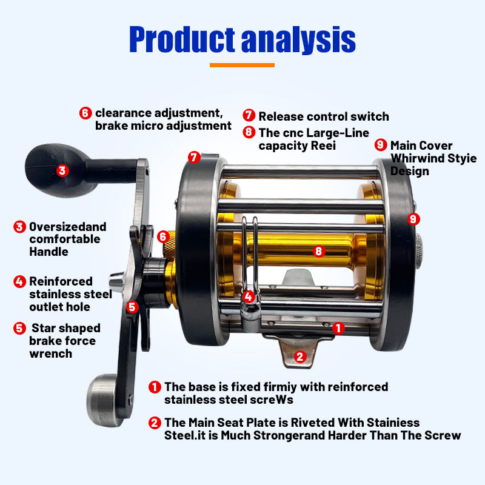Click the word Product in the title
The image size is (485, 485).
point(182,39)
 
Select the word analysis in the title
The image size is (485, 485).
point(298,39)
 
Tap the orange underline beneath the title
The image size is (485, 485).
point(242,65)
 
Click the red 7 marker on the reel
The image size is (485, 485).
point(194,158)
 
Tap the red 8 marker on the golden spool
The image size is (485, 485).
point(319,251)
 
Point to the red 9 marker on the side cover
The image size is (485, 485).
point(413,219)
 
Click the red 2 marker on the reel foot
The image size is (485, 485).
point(299,356)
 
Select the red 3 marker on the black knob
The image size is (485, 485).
point(62,170)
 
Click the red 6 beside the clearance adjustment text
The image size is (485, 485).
point(85,113)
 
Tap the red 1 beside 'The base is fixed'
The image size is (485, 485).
point(155,387)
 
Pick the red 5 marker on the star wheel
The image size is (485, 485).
point(132,307)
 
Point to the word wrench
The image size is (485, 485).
point(51,354)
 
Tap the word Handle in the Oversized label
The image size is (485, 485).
point(49,252)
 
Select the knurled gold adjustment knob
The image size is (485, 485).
point(169,245)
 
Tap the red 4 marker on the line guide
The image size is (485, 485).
point(249,297)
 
